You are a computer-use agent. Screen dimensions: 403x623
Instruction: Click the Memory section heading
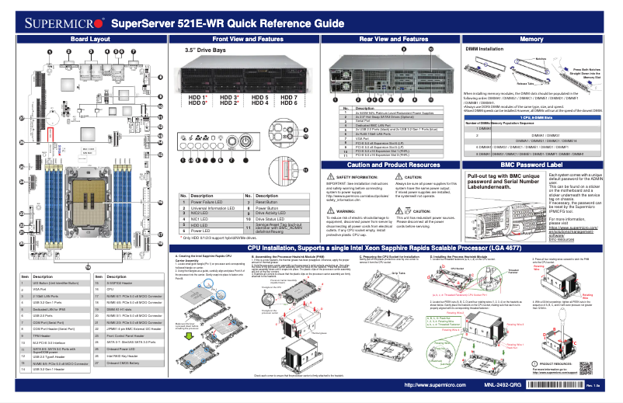tap(531, 39)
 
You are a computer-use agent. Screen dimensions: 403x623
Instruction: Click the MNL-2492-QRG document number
tap(504, 385)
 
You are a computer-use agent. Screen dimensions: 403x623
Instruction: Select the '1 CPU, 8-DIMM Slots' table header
tap(531, 116)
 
